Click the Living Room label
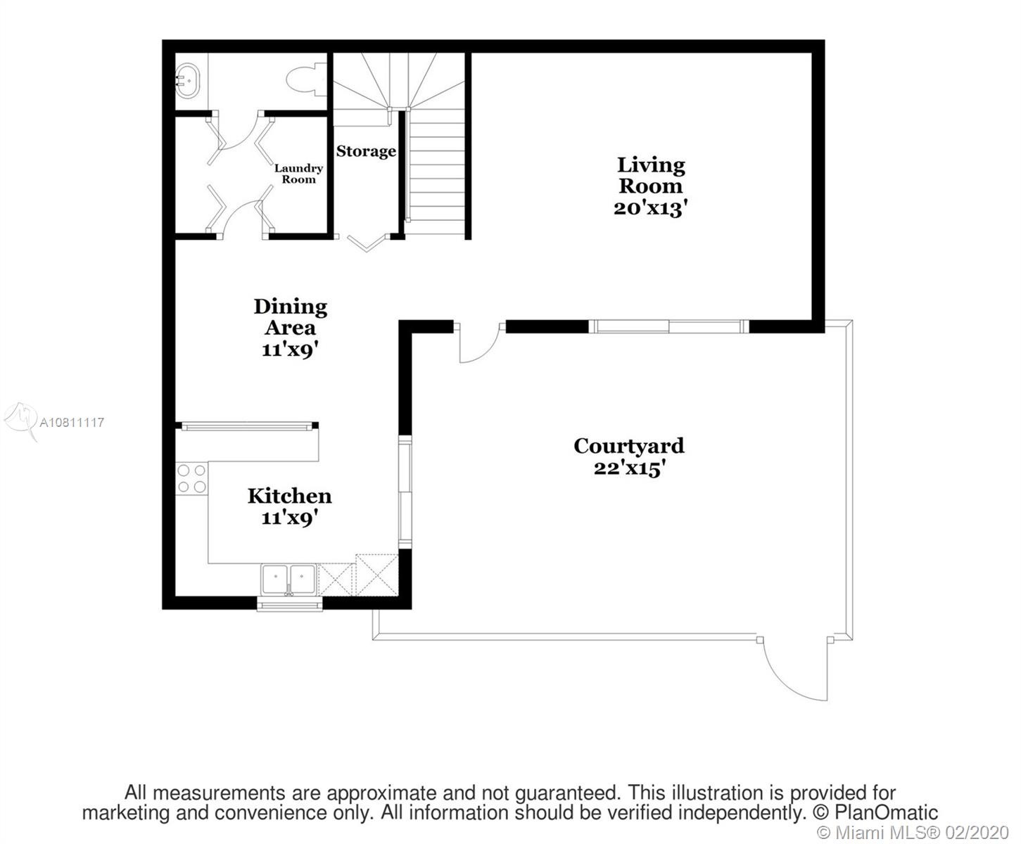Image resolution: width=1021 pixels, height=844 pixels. (x=651, y=175)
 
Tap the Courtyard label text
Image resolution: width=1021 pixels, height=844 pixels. (x=629, y=446)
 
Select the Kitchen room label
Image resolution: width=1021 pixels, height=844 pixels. (x=289, y=496)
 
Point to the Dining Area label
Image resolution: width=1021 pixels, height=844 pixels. (x=291, y=317)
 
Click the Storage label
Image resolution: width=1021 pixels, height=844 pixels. (x=366, y=151)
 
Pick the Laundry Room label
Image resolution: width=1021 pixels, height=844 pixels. (x=298, y=174)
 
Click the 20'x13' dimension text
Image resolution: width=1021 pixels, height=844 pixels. (x=651, y=209)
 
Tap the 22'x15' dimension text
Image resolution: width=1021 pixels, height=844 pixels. (x=629, y=468)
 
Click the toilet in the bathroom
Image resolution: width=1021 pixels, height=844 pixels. (x=306, y=79)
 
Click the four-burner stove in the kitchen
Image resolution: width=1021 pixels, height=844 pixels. (x=191, y=478)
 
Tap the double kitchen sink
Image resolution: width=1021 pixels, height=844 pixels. (x=289, y=580)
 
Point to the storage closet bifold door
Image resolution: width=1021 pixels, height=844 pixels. (x=366, y=243)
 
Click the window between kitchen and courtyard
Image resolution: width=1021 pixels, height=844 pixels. (x=405, y=492)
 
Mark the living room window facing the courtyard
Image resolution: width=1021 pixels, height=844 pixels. (x=668, y=326)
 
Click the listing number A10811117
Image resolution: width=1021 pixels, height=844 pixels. (x=72, y=422)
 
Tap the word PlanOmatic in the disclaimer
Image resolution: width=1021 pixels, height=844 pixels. (x=886, y=812)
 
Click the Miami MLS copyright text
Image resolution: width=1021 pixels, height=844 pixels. (x=913, y=832)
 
